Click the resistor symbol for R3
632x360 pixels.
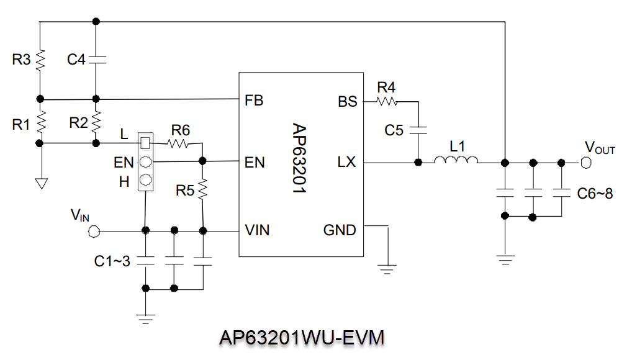[x=40, y=60]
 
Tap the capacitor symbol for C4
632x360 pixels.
[x=96, y=60]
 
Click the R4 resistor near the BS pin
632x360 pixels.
[x=386, y=100]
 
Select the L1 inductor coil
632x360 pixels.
[x=456, y=162]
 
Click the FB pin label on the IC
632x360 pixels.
[x=255, y=100]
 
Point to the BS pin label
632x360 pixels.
[x=348, y=101]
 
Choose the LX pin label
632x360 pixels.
[x=347, y=163]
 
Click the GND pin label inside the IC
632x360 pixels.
[x=340, y=231]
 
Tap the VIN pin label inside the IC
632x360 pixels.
[x=257, y=231]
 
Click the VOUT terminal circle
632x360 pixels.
[x=584, y=163]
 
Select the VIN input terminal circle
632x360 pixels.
[x=94, y=232]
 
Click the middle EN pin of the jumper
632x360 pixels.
[x=145, y=163]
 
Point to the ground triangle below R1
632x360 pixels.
[x=40, y=183]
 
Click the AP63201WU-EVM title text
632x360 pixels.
[x=302, y=338]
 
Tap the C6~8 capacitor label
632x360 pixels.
[x=595, y=194]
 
